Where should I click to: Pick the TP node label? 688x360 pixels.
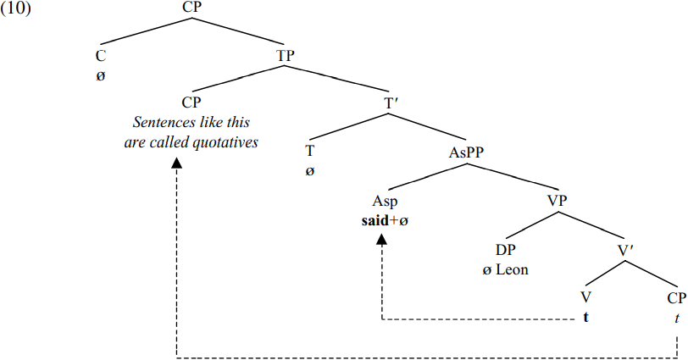coord(286,56)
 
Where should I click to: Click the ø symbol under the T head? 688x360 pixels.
coord(309,170)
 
